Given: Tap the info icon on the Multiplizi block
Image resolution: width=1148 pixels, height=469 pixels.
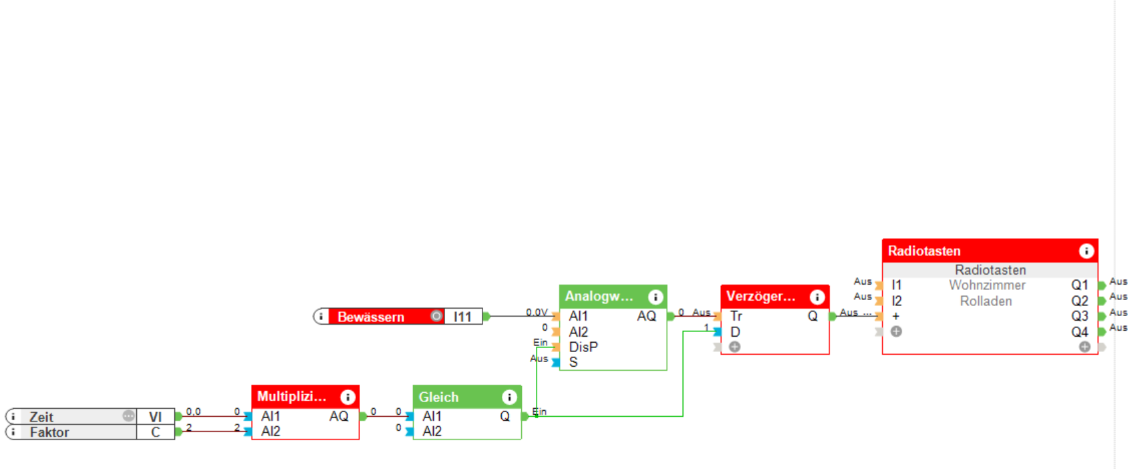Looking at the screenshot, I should coord(347,397).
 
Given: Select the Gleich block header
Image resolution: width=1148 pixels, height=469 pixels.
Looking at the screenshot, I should coord(454,397).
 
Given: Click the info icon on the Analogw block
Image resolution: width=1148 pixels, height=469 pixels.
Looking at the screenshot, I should coord(656,297).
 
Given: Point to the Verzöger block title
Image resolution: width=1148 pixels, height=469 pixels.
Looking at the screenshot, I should coord(761,296).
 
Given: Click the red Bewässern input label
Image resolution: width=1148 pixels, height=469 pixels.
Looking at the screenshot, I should coord(371,317).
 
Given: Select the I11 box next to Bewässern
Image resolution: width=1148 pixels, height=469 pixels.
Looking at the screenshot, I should coord(462,317).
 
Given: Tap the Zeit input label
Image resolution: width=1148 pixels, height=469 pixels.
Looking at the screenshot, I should coord(41,417).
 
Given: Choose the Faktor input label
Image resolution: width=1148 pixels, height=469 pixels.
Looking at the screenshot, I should coord(49,432).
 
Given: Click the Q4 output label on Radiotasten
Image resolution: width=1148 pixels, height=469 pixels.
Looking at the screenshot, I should coord(1080,332).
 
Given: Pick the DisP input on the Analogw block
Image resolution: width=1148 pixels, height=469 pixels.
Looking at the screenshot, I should coord(583,347).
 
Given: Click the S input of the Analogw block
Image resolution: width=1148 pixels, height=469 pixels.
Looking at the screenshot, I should coord(573,362).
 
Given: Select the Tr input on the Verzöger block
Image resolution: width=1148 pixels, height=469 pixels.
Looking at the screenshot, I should coord(736,316).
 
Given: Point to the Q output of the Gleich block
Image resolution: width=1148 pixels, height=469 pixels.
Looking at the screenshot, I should coord(505,416).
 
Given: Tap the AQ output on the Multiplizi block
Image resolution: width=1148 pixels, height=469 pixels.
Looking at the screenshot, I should coord(339,416).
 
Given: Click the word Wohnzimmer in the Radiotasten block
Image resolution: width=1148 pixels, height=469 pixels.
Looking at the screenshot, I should coord(987,285).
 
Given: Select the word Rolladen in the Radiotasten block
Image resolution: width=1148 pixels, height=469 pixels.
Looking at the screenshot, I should coord(986,301).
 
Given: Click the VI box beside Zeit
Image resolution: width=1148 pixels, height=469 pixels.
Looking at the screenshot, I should coord(155,417).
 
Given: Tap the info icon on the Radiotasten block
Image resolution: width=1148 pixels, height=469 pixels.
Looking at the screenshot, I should coord(1086,251).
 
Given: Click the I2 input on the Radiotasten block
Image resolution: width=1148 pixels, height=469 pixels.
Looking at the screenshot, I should coord(896,301).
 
